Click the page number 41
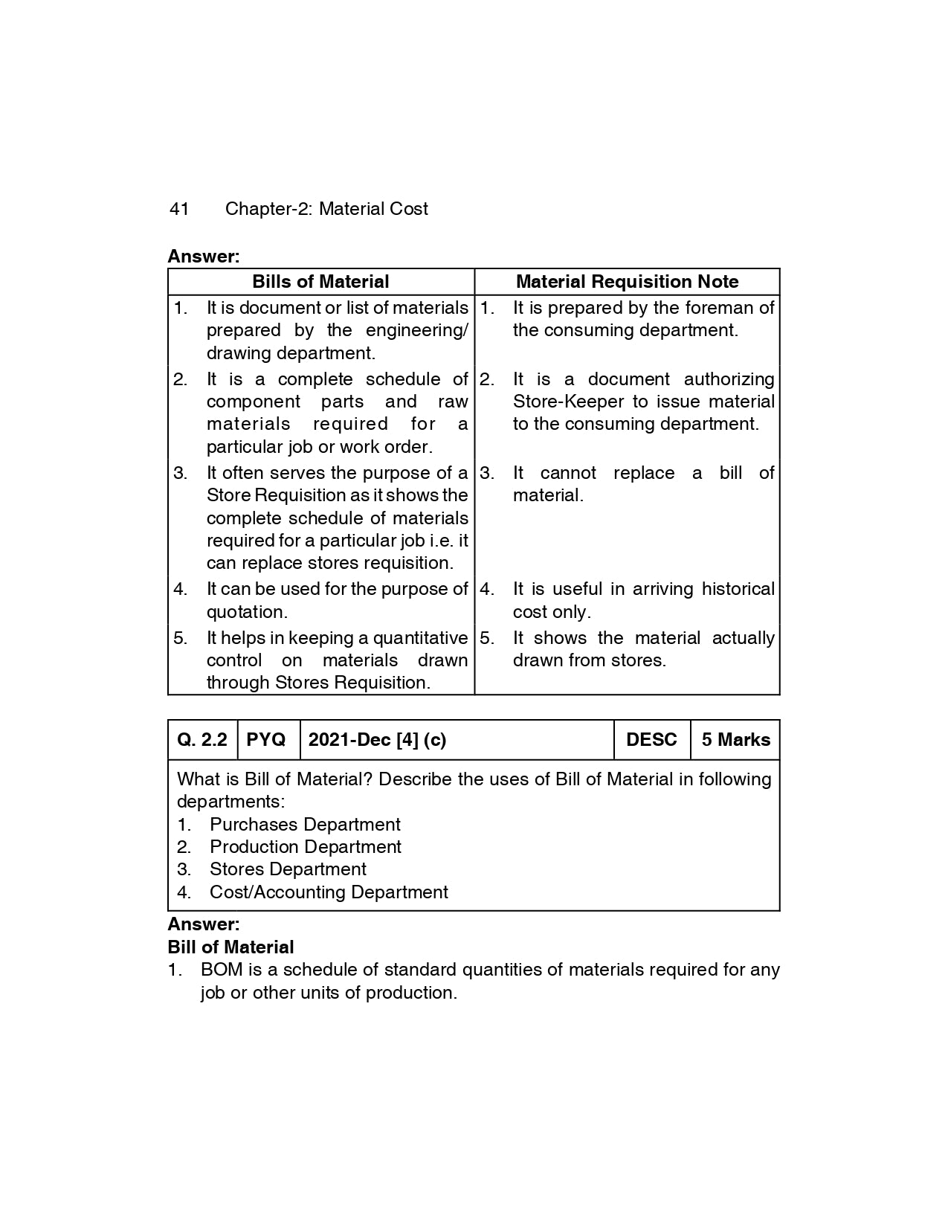click(x=179, y=209)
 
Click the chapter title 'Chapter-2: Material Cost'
click(x=326, y=209)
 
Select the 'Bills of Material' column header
click(x=320, y=282)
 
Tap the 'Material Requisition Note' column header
click(x=627, y=282)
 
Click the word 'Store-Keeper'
click(x=569, y=402)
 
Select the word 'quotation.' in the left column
click(x=247, y=612)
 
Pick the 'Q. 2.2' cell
click(x=202, y=740)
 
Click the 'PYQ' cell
click(x=266, y=740)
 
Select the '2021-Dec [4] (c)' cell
click(x=377, y=740)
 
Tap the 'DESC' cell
click(x=651, y=740)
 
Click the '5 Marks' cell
click(x=735, y=740)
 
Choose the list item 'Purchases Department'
click(x=305, y=825)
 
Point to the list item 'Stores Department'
click(x=288, y=869)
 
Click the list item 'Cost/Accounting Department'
click(x=329, y=892)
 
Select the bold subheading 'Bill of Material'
click(x=230, y=947)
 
